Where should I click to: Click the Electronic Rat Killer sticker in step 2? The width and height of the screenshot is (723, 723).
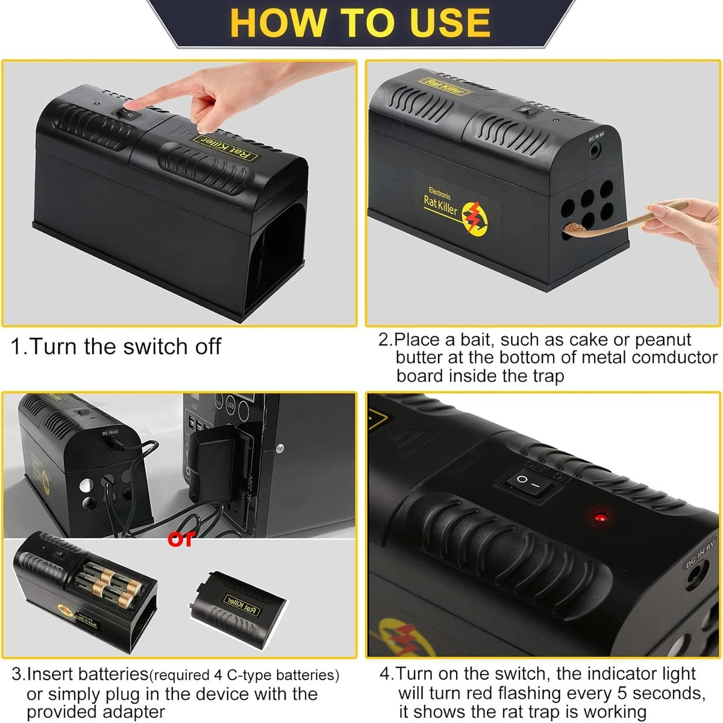[x=458, y=205]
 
